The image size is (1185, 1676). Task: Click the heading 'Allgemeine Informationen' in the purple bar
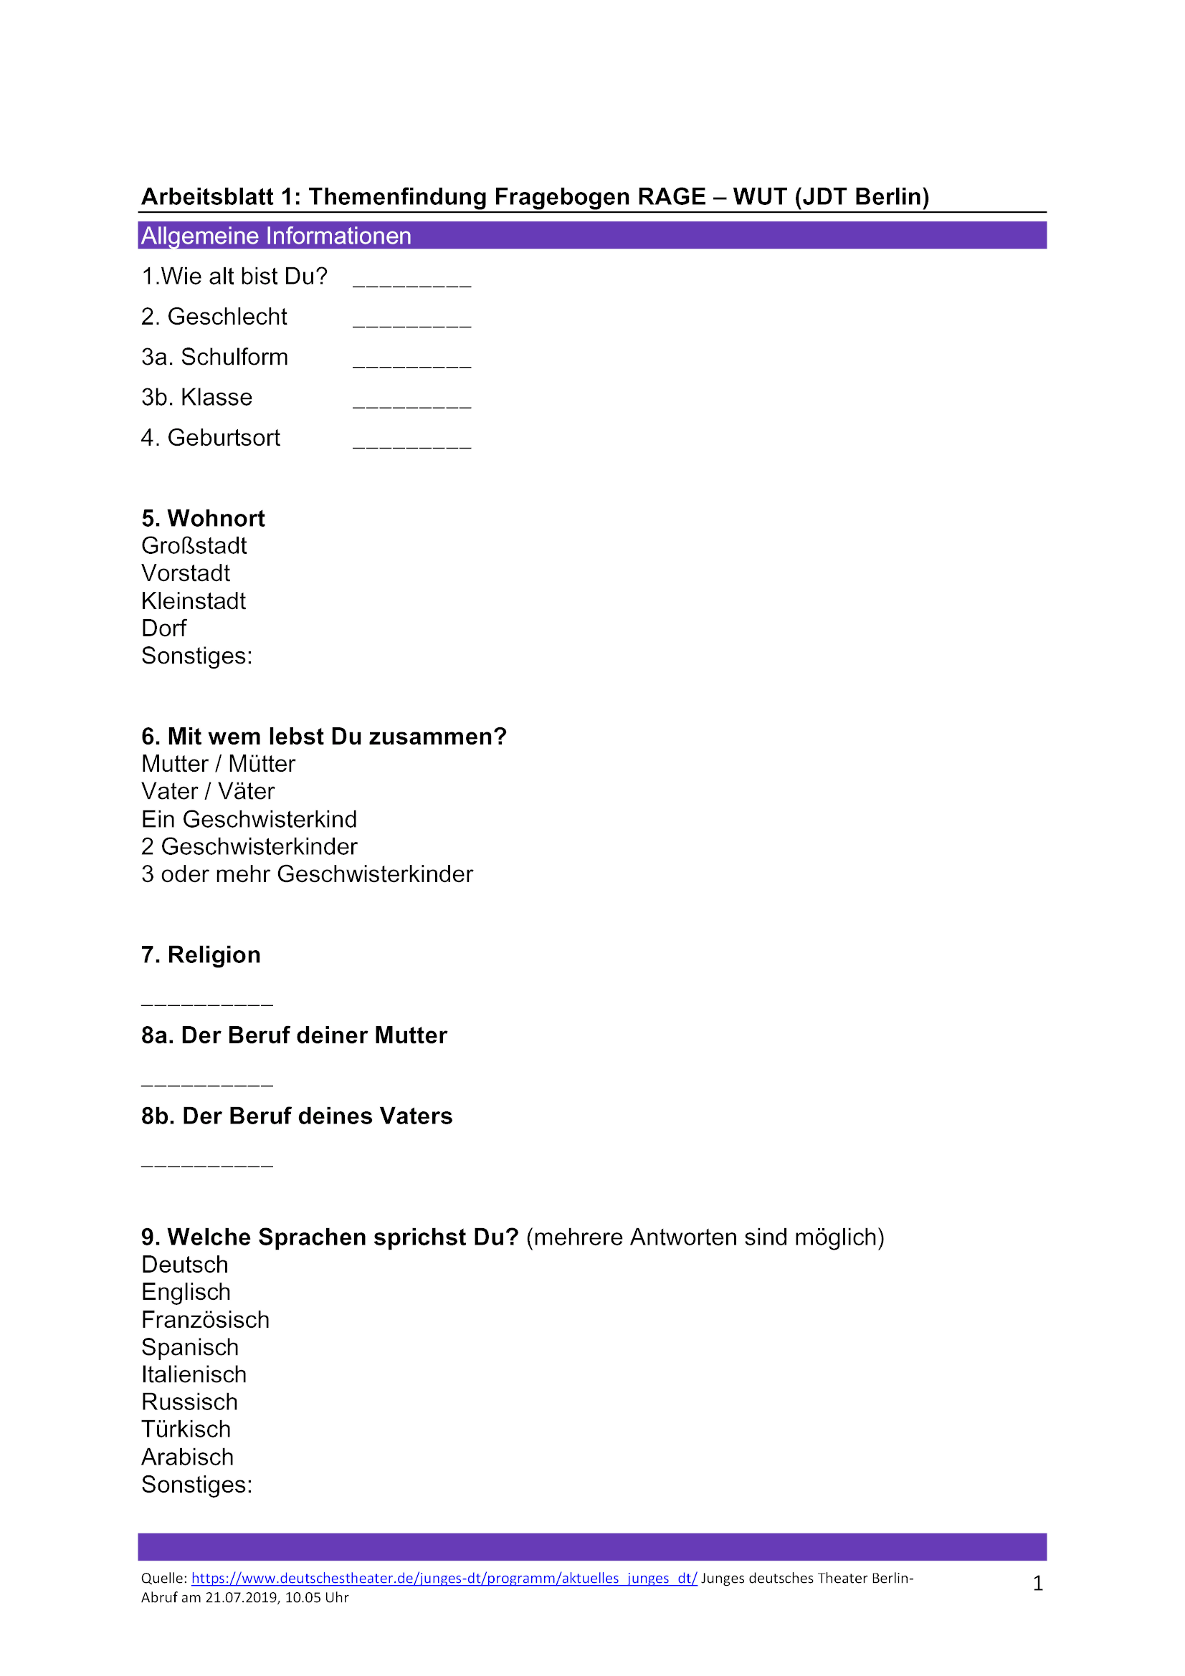click(276, 236)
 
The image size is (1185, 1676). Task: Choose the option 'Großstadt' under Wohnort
click(194, 546)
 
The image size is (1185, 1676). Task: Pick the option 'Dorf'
click(163, 628)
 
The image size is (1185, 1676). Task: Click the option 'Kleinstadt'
click(194, 601)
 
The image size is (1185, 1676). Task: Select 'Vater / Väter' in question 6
click(208, 791)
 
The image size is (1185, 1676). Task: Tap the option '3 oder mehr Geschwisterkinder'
click(307, 873)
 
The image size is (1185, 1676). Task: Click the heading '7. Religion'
click(201, 954)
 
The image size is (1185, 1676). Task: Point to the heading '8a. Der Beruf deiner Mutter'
click(293, 1035)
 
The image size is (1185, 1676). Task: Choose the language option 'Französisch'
click(205, 1320)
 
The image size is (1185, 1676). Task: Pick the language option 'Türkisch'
click(186, 1430)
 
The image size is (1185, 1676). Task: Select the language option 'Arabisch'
click(188, 1457)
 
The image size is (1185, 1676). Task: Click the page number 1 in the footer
click(1037, 1584)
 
